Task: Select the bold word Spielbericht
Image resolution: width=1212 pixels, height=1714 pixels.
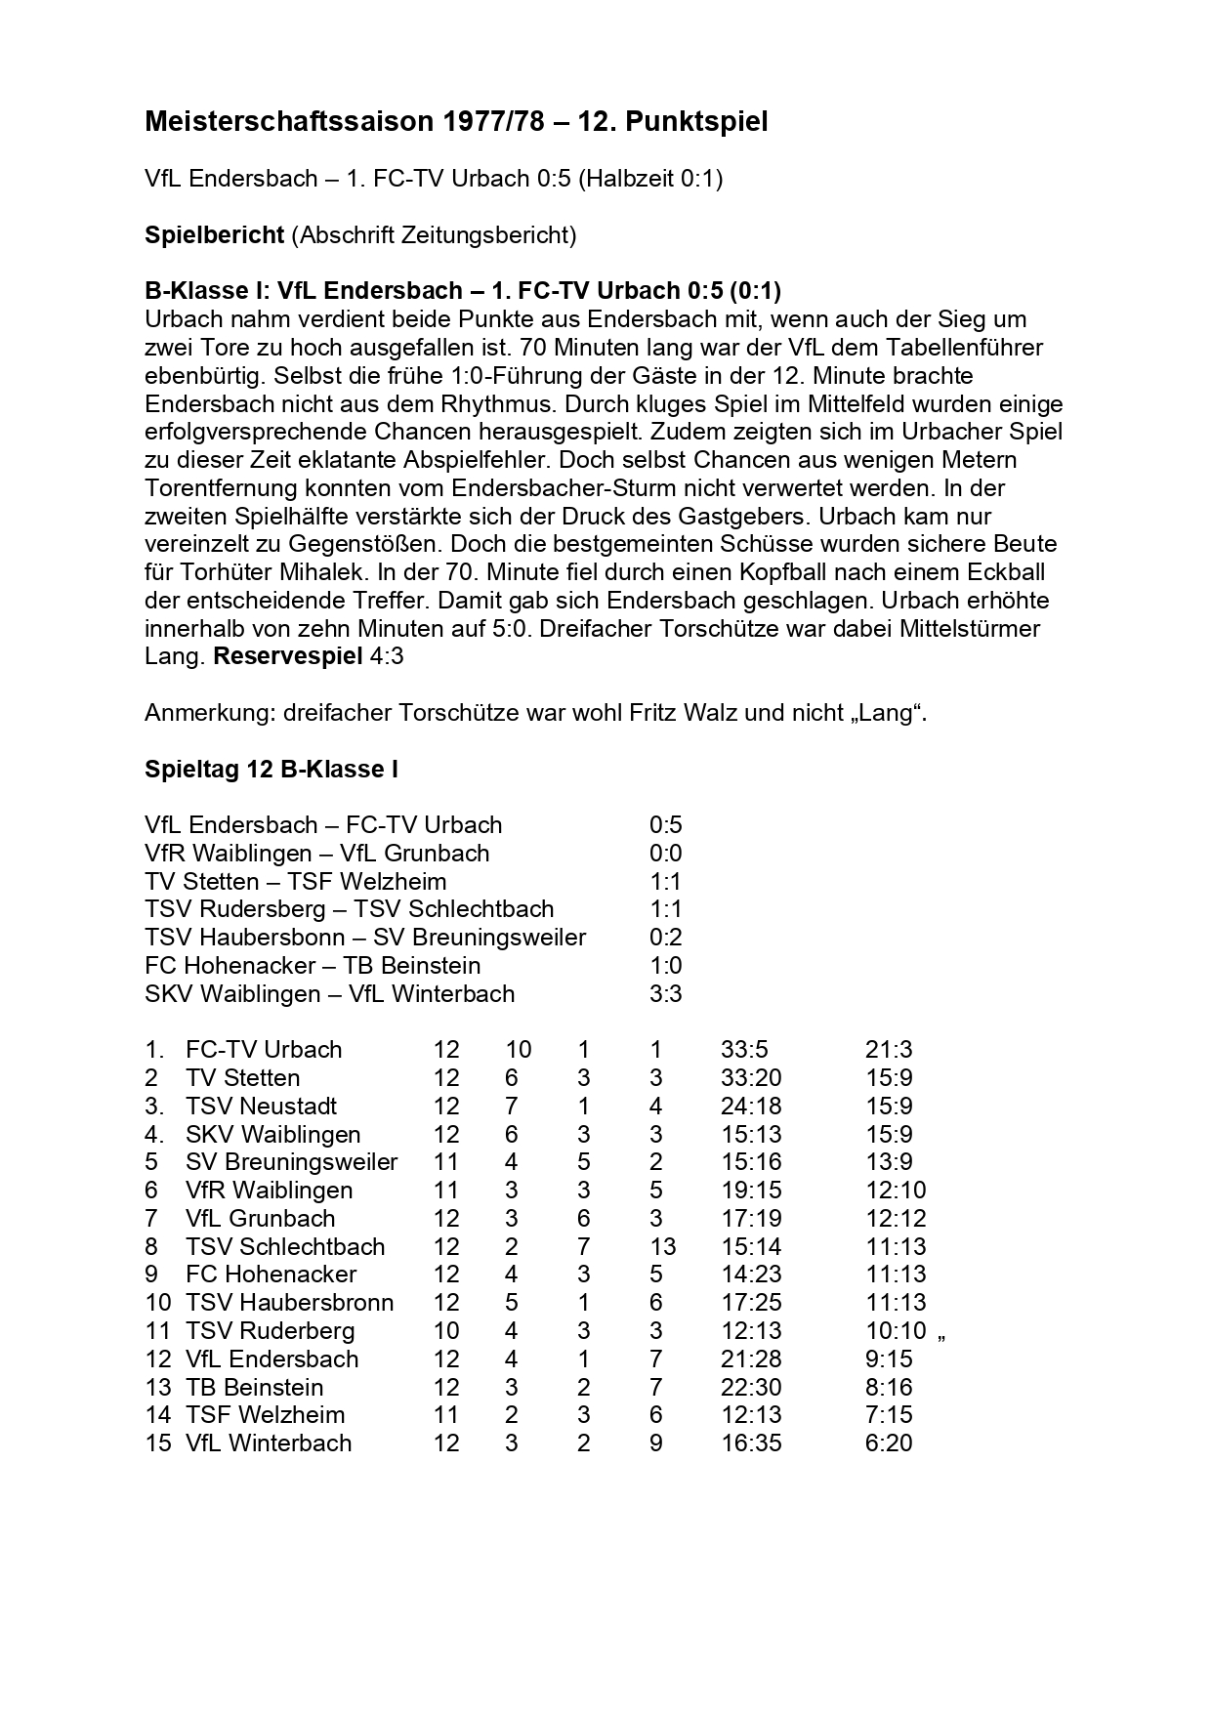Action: tap(214, 235)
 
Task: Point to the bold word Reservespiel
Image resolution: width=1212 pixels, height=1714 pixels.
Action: tap(287, 656)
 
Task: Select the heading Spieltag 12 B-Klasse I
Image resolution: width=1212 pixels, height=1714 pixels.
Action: tap(272, 770)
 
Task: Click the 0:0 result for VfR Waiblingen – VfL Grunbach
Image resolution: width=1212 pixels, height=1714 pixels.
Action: tap(665, 854)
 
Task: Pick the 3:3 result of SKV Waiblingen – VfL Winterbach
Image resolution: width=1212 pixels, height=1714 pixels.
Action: tap(665, 994)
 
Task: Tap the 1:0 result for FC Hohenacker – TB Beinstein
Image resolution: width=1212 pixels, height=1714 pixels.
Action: tap(665, 966)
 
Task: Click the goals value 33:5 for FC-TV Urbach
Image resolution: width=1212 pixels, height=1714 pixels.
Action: tap(744, 1050)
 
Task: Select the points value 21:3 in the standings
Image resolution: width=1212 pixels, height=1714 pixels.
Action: tap(889, 1050)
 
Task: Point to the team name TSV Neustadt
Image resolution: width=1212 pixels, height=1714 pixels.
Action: tap(261, 1107)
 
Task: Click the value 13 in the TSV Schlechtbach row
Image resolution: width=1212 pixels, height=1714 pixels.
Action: tap(662, 1247)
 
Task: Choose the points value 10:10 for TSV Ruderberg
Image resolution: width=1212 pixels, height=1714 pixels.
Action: tap(896, 1331)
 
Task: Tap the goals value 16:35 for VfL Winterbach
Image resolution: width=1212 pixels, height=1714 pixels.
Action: tap(751, 1443)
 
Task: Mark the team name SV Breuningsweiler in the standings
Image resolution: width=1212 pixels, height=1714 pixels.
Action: tap(291, 1162)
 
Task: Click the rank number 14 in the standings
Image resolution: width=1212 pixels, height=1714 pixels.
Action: tap(157, 1415)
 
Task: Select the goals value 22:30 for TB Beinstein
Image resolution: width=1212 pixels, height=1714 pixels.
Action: tap(751, 1388)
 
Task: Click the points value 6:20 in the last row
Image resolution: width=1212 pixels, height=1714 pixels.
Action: tap(889, 1443)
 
